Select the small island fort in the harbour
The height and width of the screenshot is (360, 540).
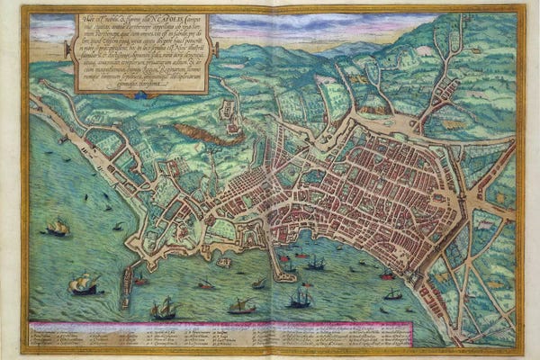tap(224, 262)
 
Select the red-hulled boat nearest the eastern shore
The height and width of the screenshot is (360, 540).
tap(387, 274)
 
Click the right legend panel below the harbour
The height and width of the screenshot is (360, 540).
tap(387, 335)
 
